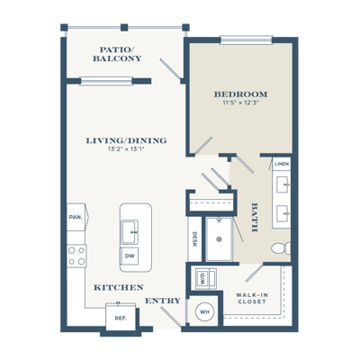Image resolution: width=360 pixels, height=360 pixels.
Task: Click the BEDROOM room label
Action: coord(240,94)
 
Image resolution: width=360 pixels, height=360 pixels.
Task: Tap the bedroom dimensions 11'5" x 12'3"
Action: coord(240,103)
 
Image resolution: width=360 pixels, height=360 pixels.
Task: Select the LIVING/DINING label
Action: coord(126,140)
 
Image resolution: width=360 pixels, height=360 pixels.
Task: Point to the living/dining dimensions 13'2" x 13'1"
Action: coord(126,148)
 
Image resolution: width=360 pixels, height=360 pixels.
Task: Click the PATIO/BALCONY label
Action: coord(117,54)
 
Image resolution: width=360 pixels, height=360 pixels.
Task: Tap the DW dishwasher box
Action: coord(130,256)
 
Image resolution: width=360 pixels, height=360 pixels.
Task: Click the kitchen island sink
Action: coord(130,231)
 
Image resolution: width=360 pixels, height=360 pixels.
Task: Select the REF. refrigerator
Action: coord(121,318)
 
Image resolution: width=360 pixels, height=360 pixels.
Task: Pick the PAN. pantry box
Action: coord(76,217)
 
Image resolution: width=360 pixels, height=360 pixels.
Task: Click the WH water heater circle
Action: coord(205,312)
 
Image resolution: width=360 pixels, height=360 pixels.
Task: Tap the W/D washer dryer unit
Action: coord(205,279)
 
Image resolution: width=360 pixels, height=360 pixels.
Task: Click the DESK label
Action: coord(194,239)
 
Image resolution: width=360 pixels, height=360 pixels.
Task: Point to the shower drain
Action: coord(219,239)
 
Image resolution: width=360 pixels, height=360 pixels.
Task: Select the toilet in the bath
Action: coord(281,248)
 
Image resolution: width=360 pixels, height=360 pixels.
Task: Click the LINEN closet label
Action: coord(282,164)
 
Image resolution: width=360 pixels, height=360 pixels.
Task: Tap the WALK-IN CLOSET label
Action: coord(252,298)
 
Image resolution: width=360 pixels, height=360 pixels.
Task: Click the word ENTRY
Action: coord(163,301)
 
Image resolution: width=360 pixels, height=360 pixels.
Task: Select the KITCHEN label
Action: coord(119,287)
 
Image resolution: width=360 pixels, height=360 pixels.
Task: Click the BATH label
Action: coord(255,218)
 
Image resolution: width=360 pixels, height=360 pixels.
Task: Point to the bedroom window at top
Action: coord(246,40)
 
